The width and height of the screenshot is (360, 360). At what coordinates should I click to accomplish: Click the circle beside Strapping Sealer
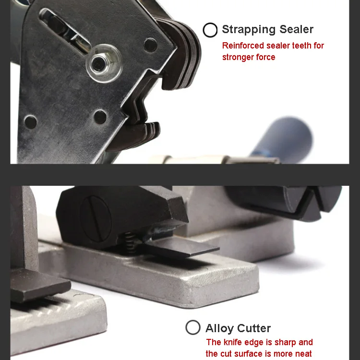[210, 30]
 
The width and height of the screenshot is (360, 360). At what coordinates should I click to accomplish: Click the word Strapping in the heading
[247, 30]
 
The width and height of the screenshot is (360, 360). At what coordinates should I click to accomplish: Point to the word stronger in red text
[239, 57]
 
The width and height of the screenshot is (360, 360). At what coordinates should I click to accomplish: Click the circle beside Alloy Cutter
[193, 328]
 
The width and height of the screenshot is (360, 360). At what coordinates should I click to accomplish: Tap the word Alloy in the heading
[219, 328]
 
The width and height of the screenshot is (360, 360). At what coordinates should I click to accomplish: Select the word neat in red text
[303, 354]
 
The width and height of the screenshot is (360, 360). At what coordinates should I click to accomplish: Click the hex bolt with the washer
[100, 62]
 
